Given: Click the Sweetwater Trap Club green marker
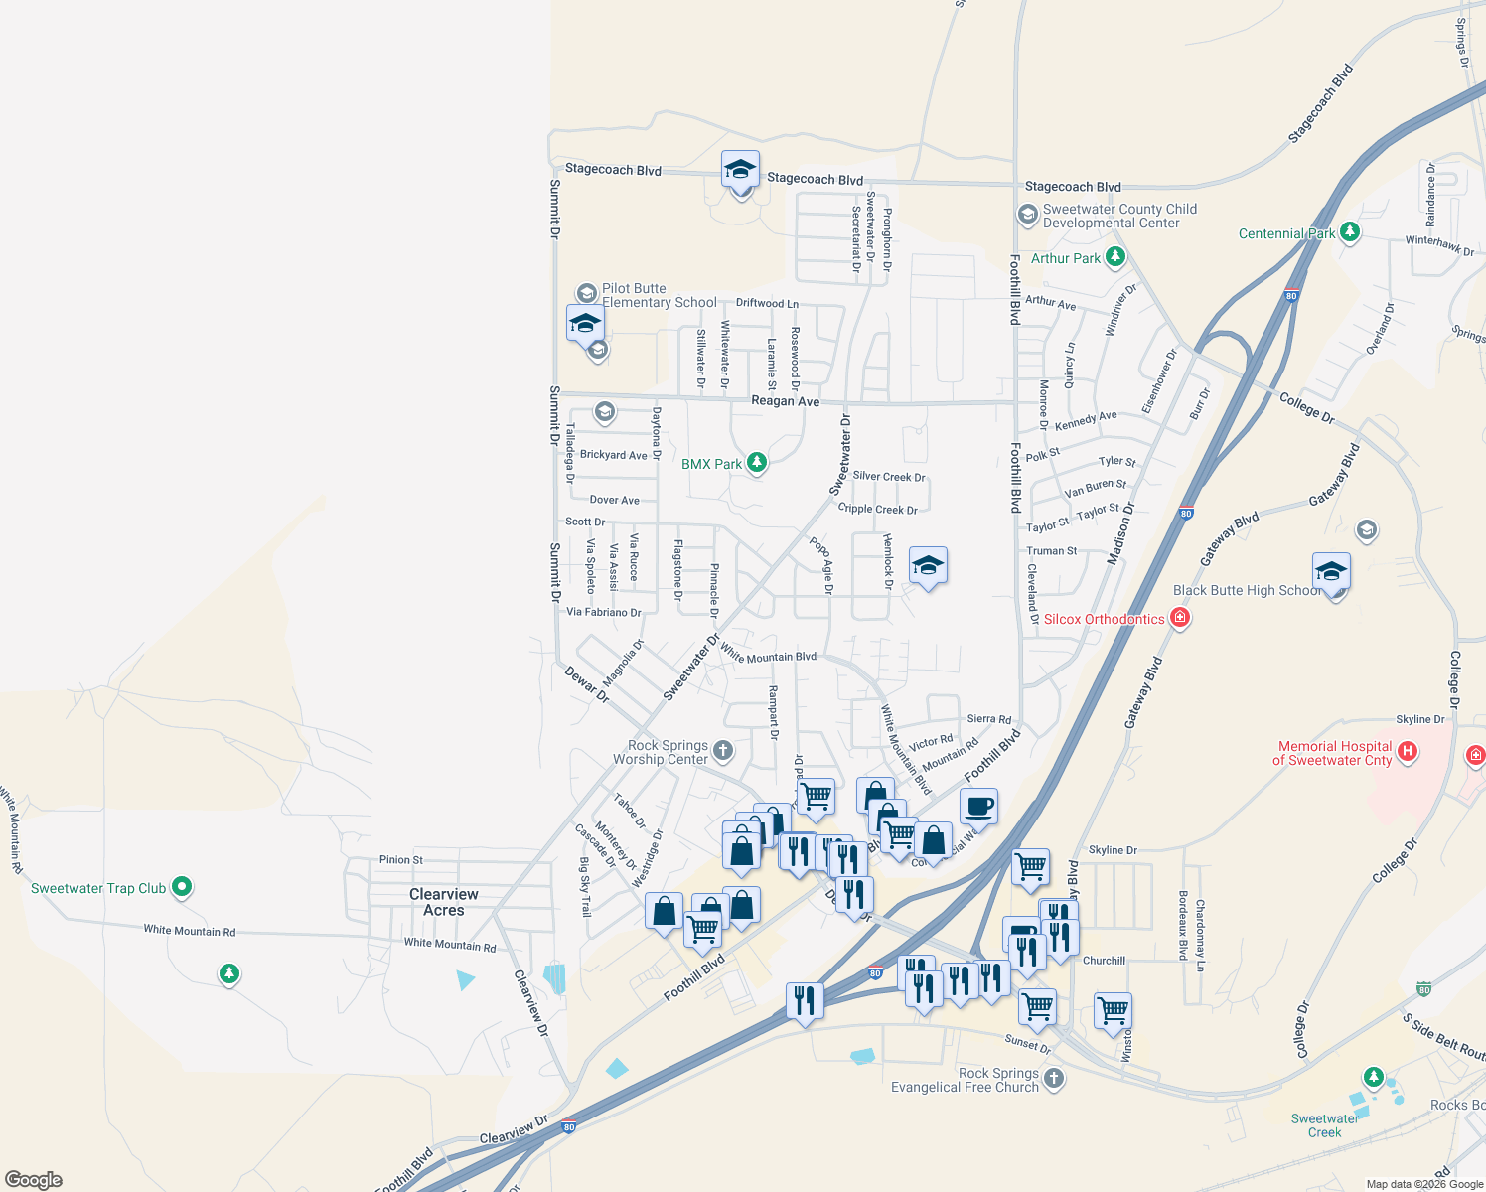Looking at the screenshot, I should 182,886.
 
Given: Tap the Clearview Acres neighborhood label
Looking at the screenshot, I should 444,902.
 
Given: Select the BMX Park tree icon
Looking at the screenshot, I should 757,463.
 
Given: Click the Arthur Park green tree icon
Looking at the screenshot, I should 1115,257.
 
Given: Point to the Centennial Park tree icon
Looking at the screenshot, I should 1349,232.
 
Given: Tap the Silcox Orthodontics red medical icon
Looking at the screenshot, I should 1180,618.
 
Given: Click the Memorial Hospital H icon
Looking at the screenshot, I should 1407,752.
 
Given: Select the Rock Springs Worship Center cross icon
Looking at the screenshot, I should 723,751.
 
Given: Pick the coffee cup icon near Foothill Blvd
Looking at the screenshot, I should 978,807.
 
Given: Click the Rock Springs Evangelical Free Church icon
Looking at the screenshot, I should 1054,1079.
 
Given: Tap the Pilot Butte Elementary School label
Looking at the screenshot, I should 659,295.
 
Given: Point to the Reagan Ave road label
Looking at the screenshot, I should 786,401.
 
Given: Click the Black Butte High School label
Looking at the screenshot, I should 1247,590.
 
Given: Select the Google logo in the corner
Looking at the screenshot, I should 34,1180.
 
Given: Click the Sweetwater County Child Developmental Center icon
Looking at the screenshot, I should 1027,215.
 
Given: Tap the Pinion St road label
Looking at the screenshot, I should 401,860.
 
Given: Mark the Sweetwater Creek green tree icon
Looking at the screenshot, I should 1374,1077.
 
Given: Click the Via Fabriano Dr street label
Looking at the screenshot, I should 604,612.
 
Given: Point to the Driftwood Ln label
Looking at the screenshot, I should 767,303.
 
